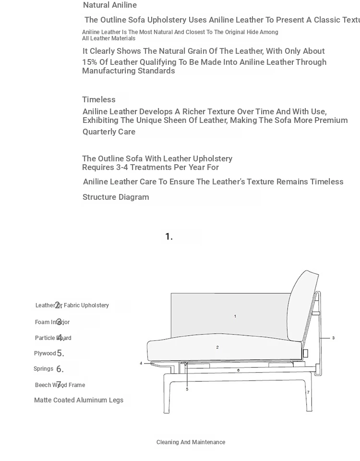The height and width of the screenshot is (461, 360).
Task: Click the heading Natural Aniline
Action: pos(110,5)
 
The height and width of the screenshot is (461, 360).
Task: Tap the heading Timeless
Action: pos(99,100)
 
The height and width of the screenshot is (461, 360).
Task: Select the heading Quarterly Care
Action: pos(109,132)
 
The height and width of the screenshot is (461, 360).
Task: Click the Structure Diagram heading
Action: pos(116,197)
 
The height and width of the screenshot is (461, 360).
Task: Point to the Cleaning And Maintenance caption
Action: pos(191,442)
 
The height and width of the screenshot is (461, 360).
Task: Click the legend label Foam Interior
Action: pos(52,322)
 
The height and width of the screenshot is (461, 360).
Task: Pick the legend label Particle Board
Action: pos(53,338)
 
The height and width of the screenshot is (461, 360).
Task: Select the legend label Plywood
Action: pos(45,353)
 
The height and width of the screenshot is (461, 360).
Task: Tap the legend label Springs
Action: pos(43,369)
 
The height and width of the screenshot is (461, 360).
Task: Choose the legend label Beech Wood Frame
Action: pos(60,385)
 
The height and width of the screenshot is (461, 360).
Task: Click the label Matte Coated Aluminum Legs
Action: pos(79,400)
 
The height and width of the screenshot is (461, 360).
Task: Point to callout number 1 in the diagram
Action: pos(235,316)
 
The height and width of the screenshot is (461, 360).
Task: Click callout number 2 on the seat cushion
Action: pos(217,347)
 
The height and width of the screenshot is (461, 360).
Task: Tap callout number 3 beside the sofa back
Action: pos(334,338)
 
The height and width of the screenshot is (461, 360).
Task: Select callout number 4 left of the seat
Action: pos(141,364)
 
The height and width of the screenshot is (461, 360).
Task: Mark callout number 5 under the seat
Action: pos(187,389)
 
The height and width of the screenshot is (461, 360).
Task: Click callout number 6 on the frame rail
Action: pos(239,370)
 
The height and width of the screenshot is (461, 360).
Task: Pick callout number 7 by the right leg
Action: pos(308,392)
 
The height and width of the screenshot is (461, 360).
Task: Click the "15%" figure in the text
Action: pos(89,62)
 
